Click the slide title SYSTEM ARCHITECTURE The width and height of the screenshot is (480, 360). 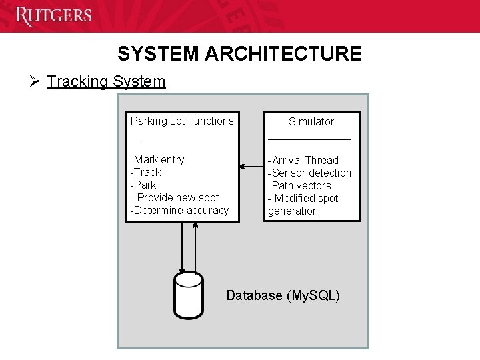point(239,53)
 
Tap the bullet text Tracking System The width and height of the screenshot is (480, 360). point(106,81)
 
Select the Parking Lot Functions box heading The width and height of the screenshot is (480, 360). point(182,121)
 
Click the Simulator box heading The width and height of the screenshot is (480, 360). point(311,121)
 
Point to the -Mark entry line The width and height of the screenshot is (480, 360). point(157,159)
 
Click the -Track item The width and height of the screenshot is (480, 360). point(145,172)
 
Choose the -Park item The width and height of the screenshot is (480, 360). point(143,185)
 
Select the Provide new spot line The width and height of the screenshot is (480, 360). point(175,197)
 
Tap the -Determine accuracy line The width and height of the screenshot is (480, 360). point(179,210)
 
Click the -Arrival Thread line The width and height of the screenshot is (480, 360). point(303,160)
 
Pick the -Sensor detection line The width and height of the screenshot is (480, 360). point(309,173)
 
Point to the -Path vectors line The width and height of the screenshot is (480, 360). point(299,185)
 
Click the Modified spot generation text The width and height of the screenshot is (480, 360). point(303,205)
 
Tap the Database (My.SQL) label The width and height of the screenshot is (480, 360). point(283,295)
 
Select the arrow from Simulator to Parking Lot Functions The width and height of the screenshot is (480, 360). point(251,166)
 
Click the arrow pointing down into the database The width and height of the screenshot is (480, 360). point(182,247)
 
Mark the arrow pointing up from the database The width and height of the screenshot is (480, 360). point(195,247)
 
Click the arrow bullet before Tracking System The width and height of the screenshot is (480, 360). point(35,81)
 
